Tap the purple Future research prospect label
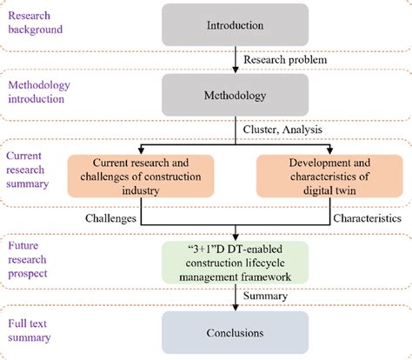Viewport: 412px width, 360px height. [33, 259]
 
